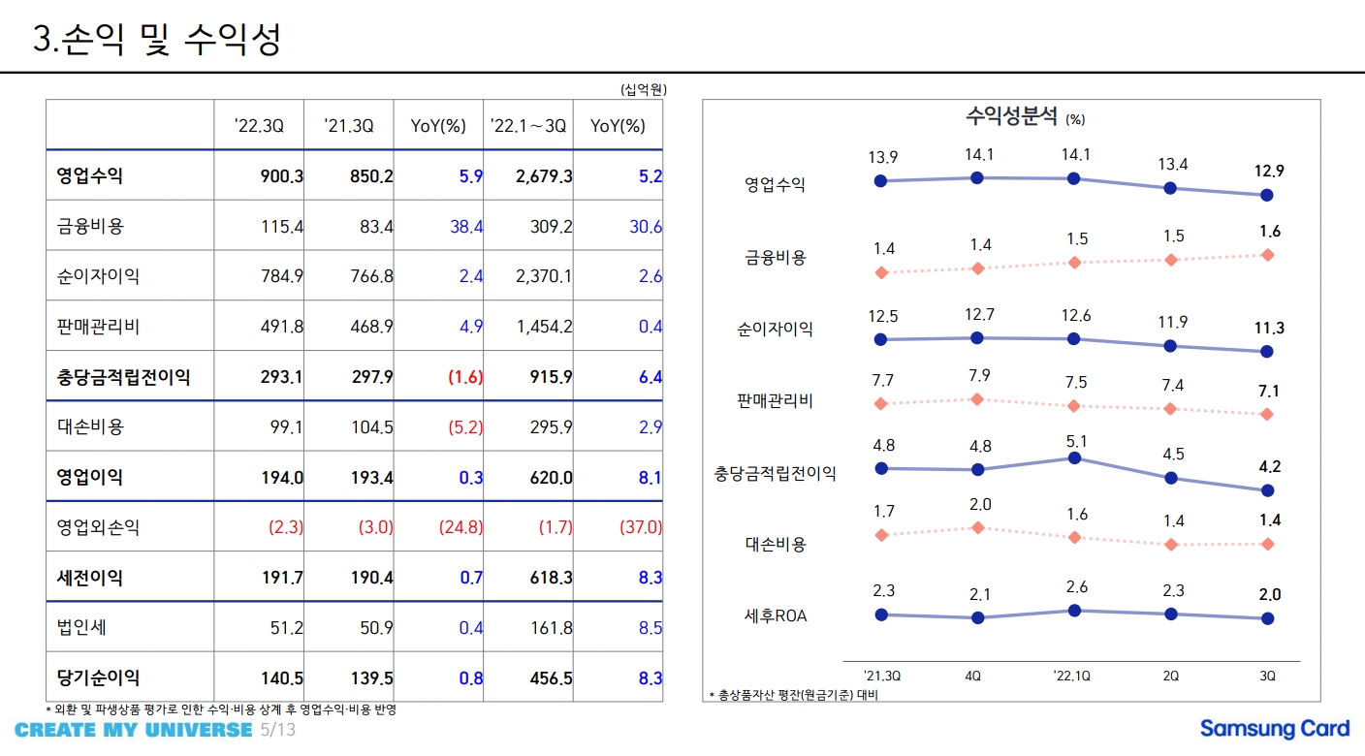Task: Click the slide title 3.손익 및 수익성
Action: click(157, 40)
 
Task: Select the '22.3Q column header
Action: click(259, 126)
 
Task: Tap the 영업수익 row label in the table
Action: click(90, 176)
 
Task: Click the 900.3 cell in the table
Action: click(282, 176)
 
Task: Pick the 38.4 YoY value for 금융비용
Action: click(466, 227)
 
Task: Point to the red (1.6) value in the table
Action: click(465, 377)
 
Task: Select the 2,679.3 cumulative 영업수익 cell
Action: click(544, 176)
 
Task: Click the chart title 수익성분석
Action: click(1012, 117)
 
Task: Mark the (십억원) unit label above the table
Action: click(643, 89)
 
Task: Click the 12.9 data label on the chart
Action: click(1268, 171)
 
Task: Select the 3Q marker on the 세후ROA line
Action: click(1267, 618)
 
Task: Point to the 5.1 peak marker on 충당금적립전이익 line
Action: click(1073, 457)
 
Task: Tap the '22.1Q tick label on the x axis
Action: click(1071, 676)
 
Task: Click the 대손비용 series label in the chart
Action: click(775, 544)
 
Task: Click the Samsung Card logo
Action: click(1274, 729)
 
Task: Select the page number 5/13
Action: click(277, 730)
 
